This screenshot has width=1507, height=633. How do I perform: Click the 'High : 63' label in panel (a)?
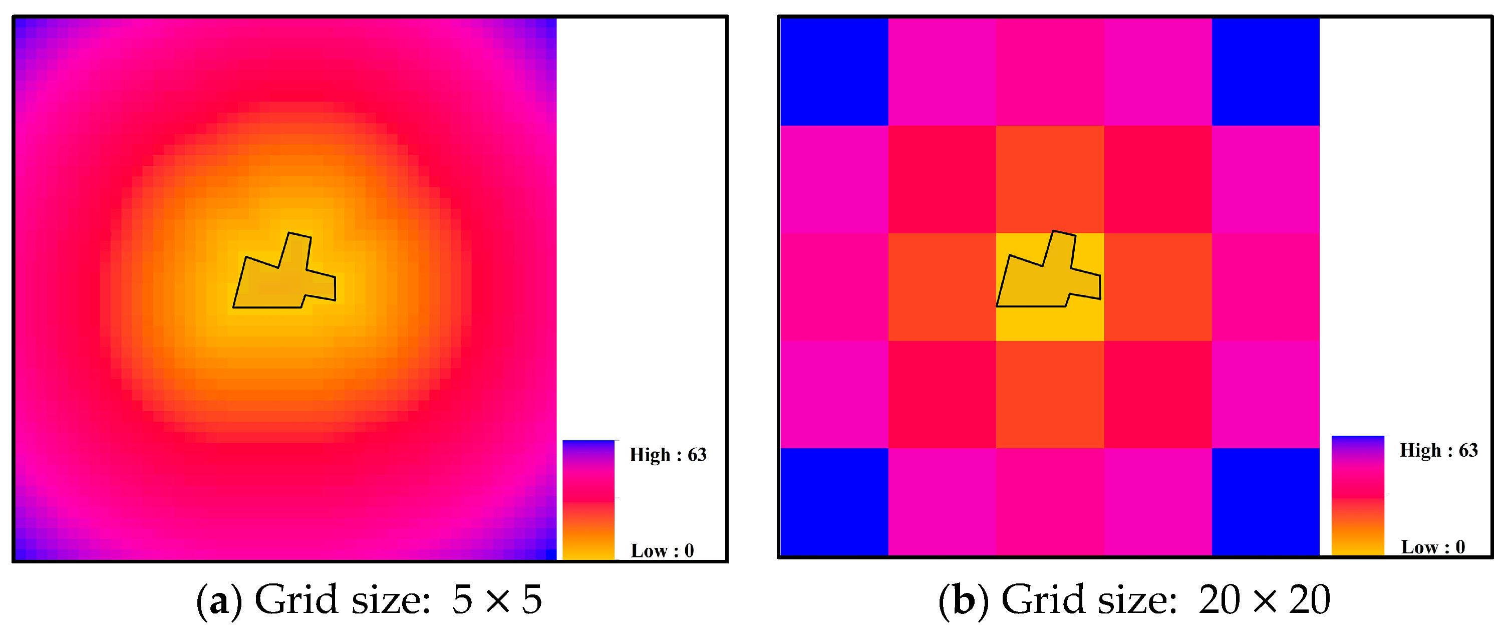click(x=668, y=455)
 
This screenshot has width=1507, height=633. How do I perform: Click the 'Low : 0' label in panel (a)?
click(x=662, y=550)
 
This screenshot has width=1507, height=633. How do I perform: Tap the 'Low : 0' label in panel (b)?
click(x=1433, y=546)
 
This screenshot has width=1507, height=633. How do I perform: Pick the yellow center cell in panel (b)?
click(x=1050, y=325)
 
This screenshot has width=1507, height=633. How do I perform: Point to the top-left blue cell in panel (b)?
click(x=834, y=72)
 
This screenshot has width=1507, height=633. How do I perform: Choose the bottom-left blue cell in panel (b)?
click(x=834, y=501)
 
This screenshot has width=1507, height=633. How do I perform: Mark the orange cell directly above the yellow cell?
click(x=1050, y=179)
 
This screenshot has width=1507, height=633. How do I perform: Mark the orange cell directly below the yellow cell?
click(x=1050, y=394)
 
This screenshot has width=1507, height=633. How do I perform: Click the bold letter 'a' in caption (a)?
click(x=219, y=601)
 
